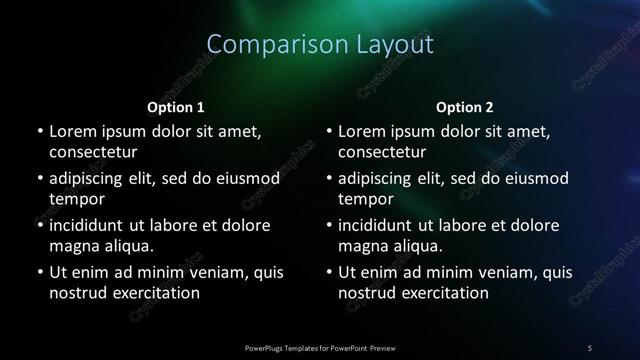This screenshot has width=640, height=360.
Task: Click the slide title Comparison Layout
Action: pyautogui.click(x=320, y=45)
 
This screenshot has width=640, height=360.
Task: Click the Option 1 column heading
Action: pyautogui.click(x=176, y=107)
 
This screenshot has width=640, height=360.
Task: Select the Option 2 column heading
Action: pyautogui.click(x=465, y=107)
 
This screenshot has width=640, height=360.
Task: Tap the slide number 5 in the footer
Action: pyautogui.click(x=590, y=347)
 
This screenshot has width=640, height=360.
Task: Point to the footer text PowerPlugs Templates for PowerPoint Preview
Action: pyautogui.click(x=320, y=347)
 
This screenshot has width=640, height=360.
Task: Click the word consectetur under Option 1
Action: pyautogui.click(x=93, y=152)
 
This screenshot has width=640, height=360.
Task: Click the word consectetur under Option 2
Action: pyautogui.click(x=382, y=152)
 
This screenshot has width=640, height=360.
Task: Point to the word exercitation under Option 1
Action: pyautogui.click(x=156, y=293)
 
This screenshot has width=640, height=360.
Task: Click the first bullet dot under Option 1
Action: pyautogui.click(x=39, y=132)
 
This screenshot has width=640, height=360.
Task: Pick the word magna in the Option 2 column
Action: pyautogui.click(x=364, y=246)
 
